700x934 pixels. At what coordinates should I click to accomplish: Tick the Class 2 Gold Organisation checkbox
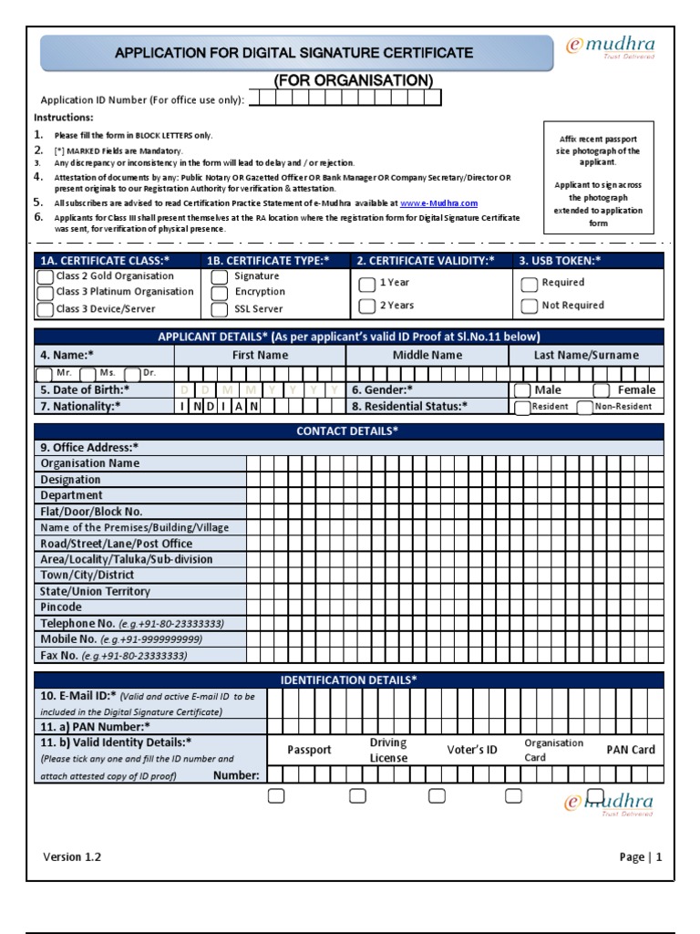point(45,277)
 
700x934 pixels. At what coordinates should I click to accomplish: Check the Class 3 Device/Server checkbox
point(45,310)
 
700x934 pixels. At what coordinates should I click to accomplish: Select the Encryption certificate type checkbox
point(220,293)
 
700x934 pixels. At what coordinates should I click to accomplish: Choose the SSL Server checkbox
point(220,310)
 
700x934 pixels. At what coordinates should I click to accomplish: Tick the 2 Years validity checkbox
point(366,306)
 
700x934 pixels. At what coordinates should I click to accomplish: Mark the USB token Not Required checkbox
point(529,306)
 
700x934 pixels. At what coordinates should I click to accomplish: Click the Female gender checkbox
point(601,390)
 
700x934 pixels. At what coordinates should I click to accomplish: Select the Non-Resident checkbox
point(584,407)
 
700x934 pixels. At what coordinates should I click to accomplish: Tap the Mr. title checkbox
point(44,374)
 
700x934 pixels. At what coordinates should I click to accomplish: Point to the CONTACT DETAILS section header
point(347,431)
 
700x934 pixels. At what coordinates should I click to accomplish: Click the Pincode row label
point(61,607)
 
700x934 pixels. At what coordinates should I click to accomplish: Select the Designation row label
point(71,479)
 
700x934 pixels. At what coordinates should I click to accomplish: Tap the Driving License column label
point(388,751)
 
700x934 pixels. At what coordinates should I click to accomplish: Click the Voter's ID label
point(472,750)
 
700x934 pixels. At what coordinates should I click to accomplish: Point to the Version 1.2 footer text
point(72,856)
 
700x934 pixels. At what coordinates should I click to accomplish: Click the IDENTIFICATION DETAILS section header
point(347,680)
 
